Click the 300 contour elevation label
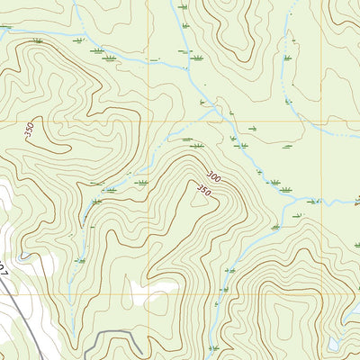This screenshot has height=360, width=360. pyautogui.click(x=213, y=175)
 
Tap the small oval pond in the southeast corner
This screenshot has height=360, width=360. pyautogui.click(x=335, y=344)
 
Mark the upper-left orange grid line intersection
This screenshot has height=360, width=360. pyautogui.click(x=146, y=120)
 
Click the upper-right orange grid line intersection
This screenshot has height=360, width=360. pyautogui.click(x=321, y=120)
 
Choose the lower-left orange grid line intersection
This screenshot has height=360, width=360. pyautogui.click(x=146, y=295)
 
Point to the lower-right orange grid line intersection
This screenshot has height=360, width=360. pyautogui.click(x=321, y=295)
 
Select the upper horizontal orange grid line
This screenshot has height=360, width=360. pyautogui.click(x=72, y=120)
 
